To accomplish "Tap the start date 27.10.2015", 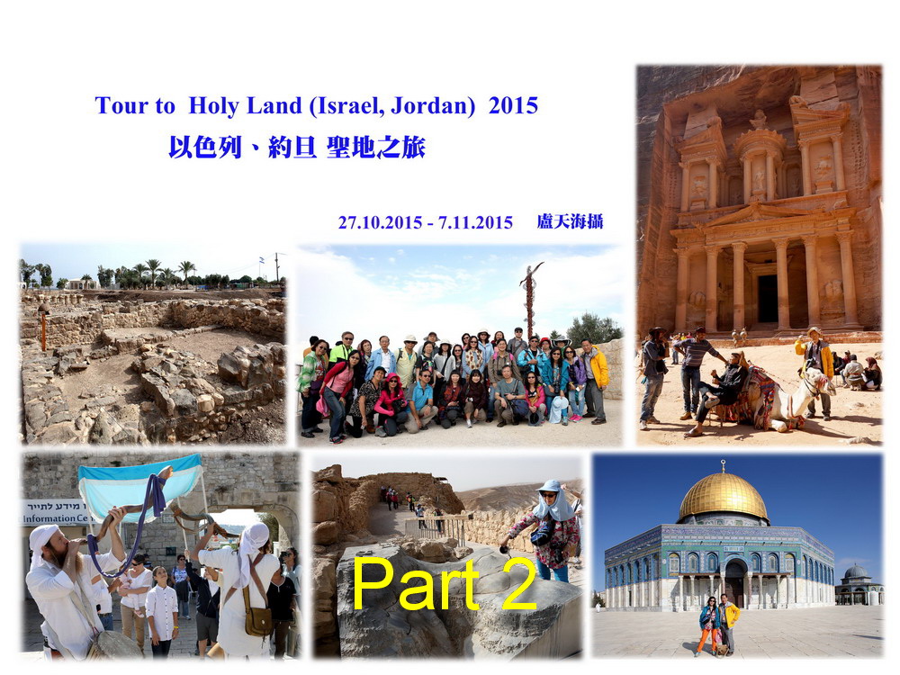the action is point(380,222).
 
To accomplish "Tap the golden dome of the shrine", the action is point(723,496).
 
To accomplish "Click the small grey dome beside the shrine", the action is point(855,572).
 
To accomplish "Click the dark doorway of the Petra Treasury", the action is point(768,299).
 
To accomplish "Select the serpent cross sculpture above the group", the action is point(530,299).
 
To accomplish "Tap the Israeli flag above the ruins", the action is point(262,260).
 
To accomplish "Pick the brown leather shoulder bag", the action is point(259,620).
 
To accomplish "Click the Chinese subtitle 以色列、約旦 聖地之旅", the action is point(297,148).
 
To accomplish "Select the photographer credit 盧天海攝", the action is point(570,221).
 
